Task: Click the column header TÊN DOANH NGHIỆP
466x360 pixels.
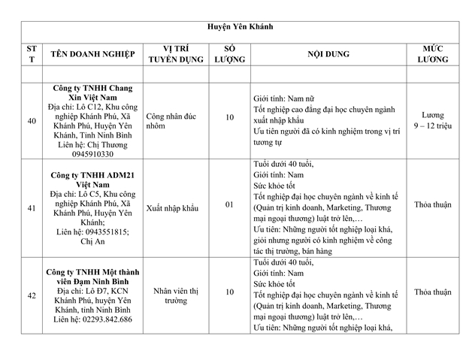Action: pos(92,54)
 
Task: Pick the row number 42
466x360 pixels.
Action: pos(31,295)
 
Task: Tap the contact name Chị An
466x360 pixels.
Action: pos(94,242)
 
